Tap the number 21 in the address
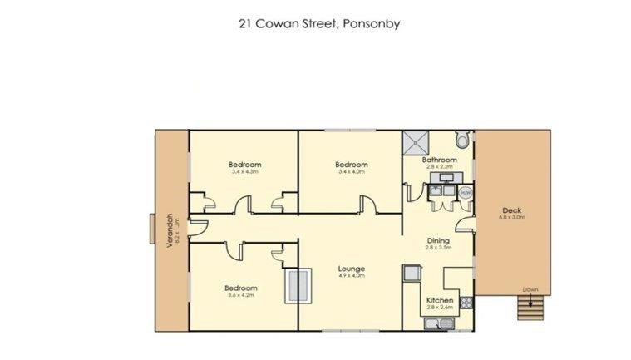point(244,23)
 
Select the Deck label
point(511,210)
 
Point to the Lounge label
point(352,268)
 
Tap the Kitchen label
point(439,300)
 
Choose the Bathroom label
point(439,160)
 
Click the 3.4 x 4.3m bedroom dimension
point(244,173)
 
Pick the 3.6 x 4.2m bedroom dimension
point(239,294)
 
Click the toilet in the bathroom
point(463,141)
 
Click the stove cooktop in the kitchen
point(411,274)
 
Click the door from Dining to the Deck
point(467,223)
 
